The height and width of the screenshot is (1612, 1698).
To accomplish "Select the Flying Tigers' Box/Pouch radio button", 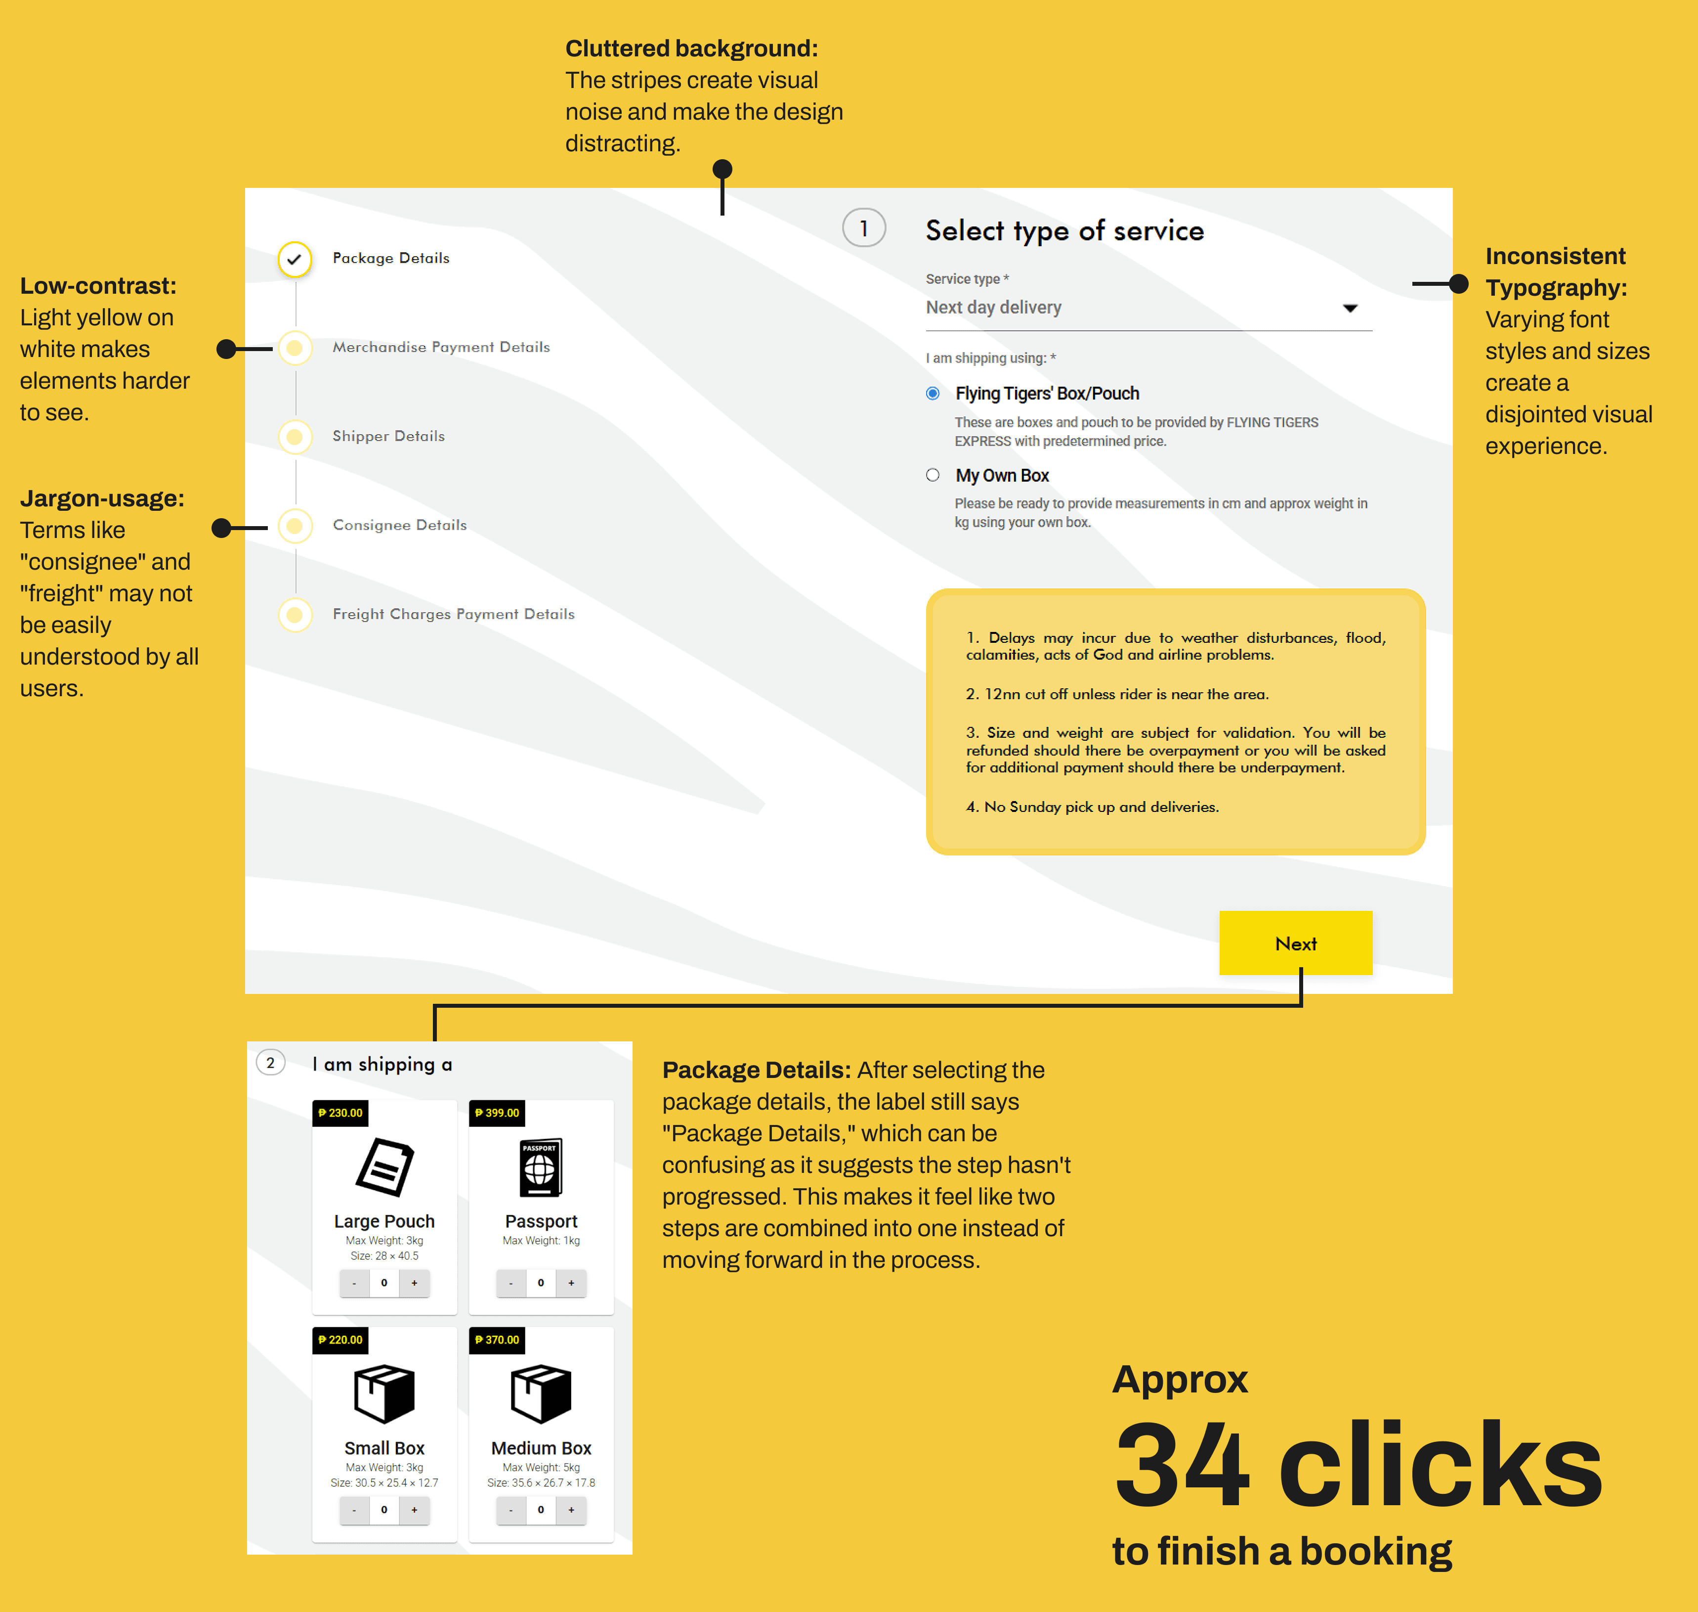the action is coord(933,394).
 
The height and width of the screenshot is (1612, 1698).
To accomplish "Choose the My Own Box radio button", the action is coord(933,475).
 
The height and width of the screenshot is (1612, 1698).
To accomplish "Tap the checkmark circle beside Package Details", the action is coord(295,259).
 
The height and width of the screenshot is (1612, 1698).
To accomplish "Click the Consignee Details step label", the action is coord(399,525).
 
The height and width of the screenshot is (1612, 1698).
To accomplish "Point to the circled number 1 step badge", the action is coord(864,228).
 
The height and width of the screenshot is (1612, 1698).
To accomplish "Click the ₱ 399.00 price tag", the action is coord(497,1113).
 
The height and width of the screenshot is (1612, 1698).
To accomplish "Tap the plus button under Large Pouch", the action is coord(414,1283).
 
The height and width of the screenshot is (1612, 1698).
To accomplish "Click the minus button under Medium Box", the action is coord(511,1510).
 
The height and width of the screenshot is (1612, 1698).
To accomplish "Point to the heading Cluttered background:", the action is coord(691,48).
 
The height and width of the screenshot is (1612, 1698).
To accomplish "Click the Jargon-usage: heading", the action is coord(102,498).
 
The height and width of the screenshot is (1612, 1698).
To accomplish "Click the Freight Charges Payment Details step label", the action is coord(454,614).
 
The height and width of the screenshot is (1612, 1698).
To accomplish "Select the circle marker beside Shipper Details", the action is coord(295,437).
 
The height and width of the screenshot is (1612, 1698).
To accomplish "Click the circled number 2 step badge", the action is coord(270,1063).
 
